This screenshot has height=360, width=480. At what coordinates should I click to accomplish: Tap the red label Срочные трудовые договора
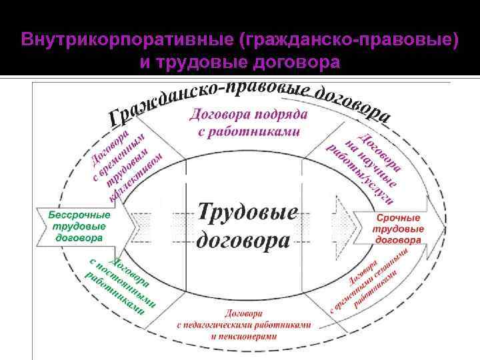[399, 229]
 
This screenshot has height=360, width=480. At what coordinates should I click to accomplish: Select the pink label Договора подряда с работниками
[249, 123]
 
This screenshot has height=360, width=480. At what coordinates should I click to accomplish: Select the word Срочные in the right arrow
[399, 218]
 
